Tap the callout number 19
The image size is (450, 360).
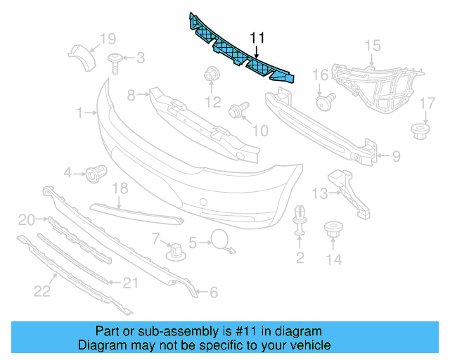[x=107, y=38]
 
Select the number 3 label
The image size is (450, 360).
[x=140, y=57]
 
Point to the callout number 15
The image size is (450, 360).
[x=371, y=46]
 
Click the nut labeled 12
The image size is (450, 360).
[x=210, y=74]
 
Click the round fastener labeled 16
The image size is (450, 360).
[x=324, y=103]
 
